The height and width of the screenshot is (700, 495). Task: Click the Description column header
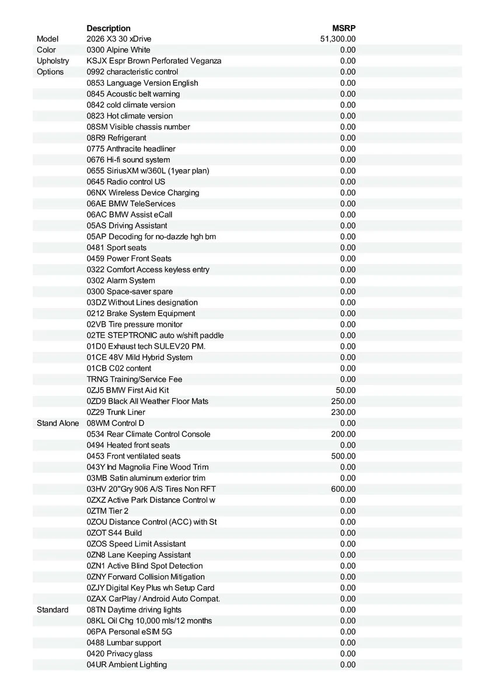[109, 28]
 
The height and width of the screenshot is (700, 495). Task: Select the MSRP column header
[344, 28]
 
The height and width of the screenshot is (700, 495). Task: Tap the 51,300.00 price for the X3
[338, 39]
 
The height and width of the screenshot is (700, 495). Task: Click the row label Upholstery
[53, 61]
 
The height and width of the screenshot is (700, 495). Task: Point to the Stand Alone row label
[58, 423]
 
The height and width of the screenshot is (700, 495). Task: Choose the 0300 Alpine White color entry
[118, 50]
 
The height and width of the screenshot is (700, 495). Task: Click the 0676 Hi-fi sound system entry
[128, 160]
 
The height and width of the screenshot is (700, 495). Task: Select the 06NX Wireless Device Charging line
[143, 192]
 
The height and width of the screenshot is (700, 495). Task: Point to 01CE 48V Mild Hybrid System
[140, 357]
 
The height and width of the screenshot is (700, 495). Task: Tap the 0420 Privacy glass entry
[120, 653]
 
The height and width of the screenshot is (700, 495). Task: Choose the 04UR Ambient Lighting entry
[127, 664]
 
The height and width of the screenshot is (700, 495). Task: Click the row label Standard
[53, 610]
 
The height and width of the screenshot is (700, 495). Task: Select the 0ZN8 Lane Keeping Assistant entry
[139, 555]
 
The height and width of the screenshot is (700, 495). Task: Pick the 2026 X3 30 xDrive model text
[119, 39]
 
